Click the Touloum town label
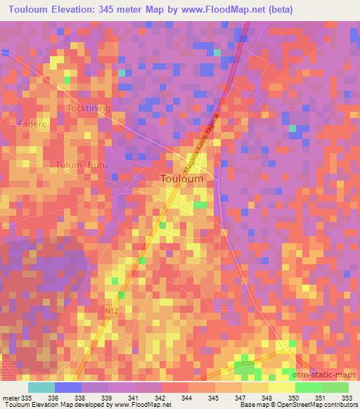(182, 178)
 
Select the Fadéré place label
(32, 123)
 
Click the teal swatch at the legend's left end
(41, 387)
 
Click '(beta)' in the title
(276, 10)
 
